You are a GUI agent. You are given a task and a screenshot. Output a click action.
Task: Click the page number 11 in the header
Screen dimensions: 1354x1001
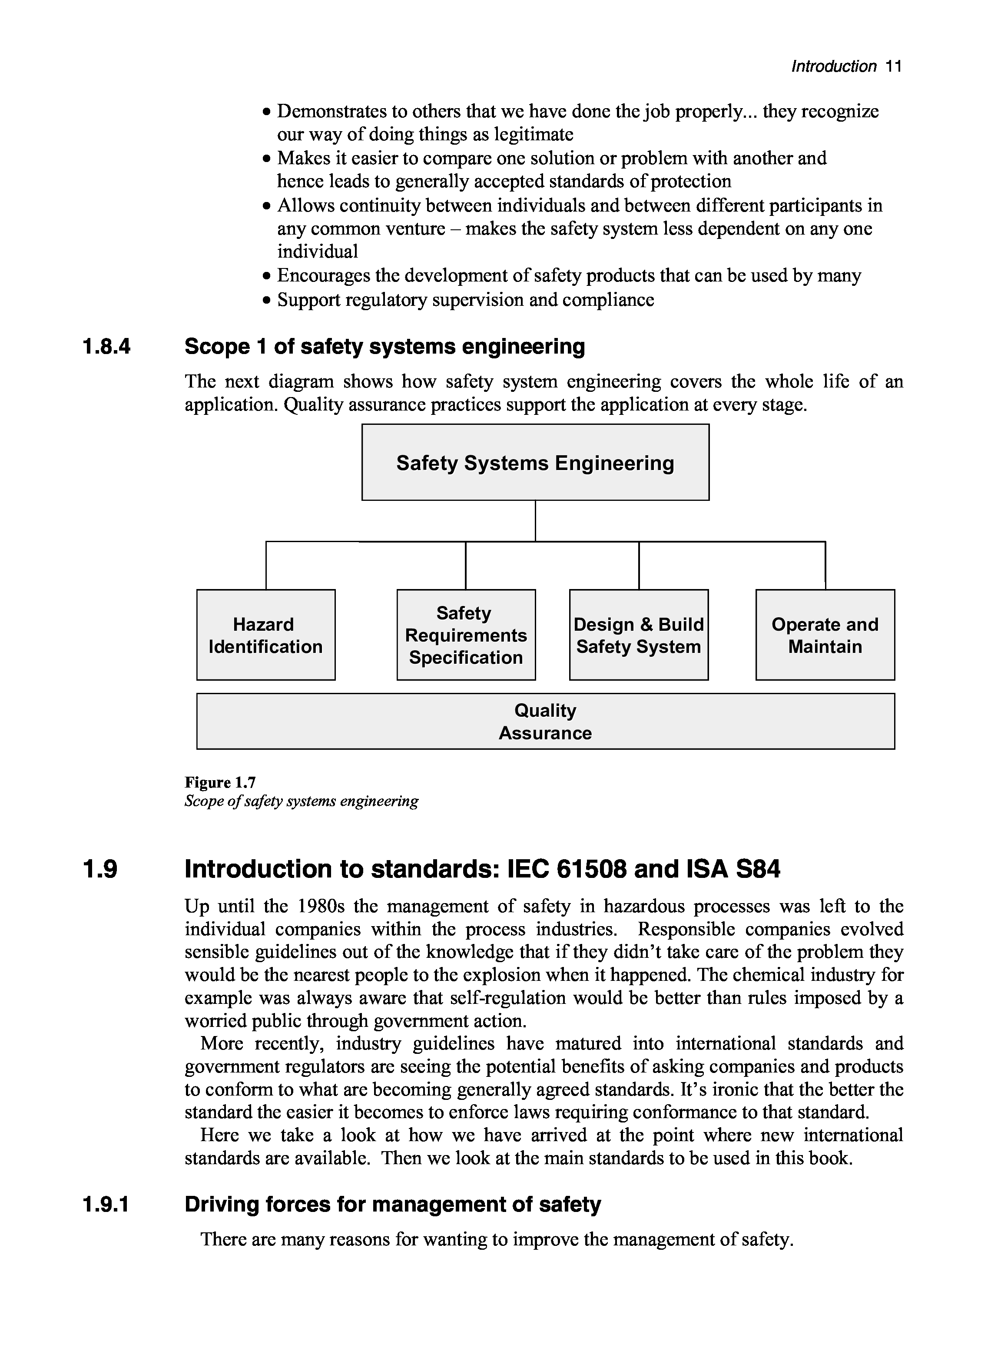click(893, 66)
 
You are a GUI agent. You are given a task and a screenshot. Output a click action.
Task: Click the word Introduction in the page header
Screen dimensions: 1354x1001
click(834, 66)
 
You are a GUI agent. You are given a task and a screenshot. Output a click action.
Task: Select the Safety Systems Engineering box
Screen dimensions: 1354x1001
click(535, 462)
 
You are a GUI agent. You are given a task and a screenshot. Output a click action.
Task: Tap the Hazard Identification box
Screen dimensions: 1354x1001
click(265, 635)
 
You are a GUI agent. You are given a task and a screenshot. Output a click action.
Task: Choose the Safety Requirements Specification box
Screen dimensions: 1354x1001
click(466, 635)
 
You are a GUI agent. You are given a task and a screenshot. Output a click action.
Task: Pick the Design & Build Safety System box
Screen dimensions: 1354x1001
click(639, 635)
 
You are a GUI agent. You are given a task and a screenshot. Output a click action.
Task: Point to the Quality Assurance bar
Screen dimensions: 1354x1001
click(545, 722)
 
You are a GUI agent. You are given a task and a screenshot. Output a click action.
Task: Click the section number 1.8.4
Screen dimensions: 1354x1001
click(106, 347)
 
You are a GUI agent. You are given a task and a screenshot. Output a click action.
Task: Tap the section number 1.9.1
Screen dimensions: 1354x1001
click(106, 1205)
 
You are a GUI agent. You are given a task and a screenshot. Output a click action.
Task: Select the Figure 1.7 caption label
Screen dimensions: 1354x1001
click(220, 783)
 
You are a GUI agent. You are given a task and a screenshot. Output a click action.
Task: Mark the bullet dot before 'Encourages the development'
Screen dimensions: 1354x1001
click(267, 276)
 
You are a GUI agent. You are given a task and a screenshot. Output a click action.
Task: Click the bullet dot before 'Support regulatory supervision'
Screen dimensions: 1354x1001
click(267, 301)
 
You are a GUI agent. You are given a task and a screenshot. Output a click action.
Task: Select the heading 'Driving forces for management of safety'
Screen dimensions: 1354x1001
click(393, 1205)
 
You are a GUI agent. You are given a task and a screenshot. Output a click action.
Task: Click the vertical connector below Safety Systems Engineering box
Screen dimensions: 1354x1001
click(535, 521)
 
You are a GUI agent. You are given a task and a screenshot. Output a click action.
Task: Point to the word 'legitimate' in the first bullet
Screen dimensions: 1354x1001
click(534, 135)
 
